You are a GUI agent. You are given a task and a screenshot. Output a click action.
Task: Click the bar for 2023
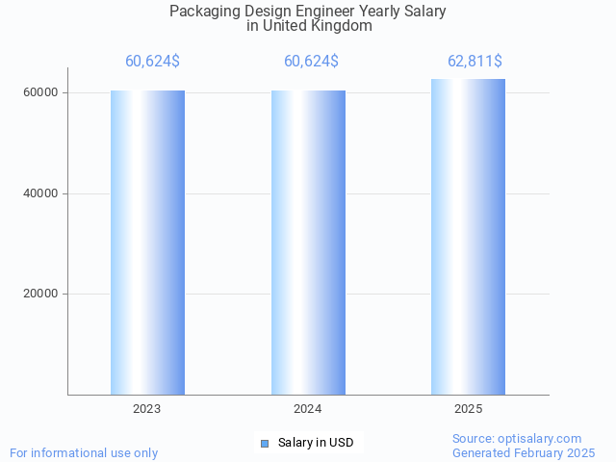147,243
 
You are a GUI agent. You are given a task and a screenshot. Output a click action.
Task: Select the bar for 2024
308,243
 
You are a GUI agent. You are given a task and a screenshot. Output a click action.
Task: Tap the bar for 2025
468,237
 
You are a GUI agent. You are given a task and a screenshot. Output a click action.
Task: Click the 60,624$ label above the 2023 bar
152,62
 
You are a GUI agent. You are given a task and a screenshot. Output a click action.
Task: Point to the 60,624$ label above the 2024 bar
311,62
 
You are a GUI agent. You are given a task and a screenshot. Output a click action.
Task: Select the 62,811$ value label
475,62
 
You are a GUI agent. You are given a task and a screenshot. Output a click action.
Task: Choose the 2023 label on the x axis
147,409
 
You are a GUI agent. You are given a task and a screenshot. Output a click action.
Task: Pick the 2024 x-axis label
308,409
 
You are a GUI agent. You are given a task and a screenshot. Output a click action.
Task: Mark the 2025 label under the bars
468,409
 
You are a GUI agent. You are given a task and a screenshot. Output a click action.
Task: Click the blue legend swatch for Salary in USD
265,443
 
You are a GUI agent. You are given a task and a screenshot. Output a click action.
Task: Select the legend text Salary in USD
316,443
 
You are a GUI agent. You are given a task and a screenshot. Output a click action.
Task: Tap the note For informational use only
84,452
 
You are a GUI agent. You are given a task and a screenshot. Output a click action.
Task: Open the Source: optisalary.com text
517,439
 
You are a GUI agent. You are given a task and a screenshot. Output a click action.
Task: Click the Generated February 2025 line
524,452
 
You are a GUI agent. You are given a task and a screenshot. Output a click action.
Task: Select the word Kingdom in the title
341,26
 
